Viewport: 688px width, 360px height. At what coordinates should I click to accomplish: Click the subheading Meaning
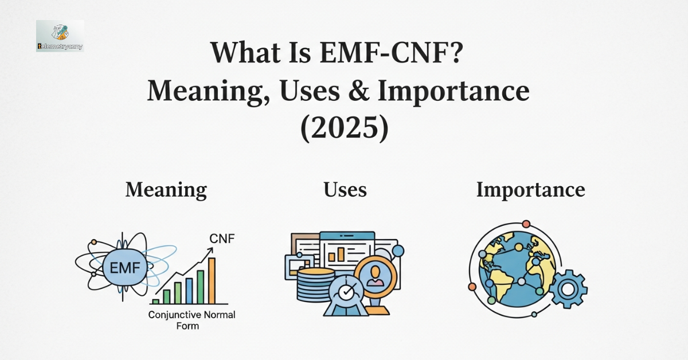(166, 190)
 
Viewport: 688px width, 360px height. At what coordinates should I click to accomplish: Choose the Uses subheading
(345, 190)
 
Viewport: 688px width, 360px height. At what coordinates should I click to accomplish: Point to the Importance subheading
(530, 190)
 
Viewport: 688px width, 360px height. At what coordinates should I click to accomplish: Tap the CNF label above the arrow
(222, 238)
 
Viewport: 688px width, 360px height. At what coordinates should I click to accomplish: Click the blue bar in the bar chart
(189, 290)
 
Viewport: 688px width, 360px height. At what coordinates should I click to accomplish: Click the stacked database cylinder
(315, 284)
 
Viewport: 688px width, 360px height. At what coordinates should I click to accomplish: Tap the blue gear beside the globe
(567, 289)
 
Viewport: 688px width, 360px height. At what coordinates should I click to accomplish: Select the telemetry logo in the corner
(60, 36)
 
